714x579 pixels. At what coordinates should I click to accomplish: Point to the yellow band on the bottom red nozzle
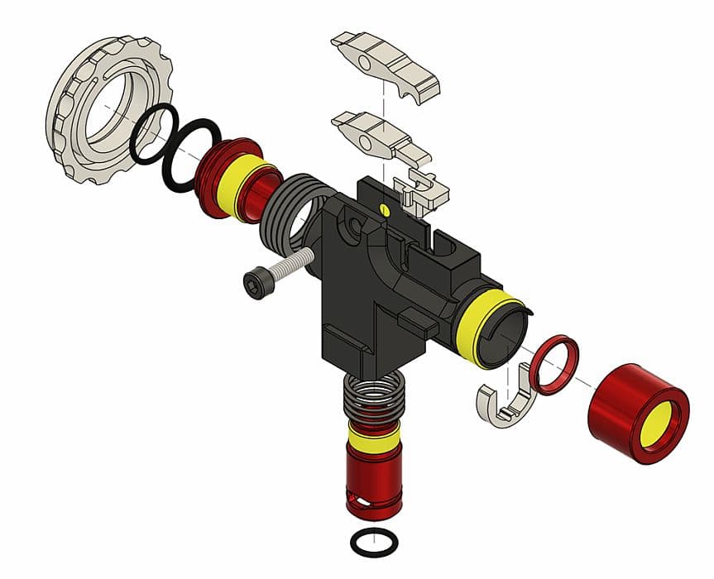(372, 438)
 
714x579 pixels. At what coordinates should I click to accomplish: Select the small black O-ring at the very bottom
(374, 543)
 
